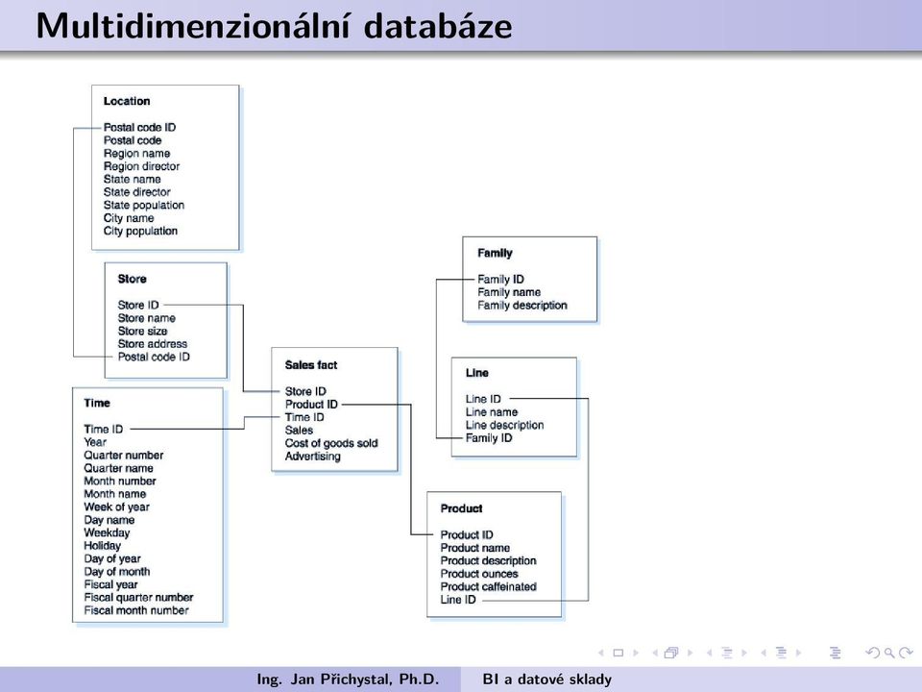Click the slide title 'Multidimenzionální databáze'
[x=274, y=27]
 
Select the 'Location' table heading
[x=127, y=101]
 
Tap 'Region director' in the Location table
[x=142, y=166]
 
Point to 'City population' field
[x=140, y=232]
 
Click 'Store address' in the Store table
[x=153, y=344]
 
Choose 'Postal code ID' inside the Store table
[x=154, y=358]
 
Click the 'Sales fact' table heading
[x=311, y=365]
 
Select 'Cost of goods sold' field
[x=331, y=444]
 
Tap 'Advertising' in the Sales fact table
[x=313, y=457]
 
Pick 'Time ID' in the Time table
[x=104, y=430]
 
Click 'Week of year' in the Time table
[x=116, y=507]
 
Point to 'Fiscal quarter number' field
[x=138, y=598]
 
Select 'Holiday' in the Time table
[x=103, y=546]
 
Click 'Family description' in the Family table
[x=522, y=306]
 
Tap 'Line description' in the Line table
[x=504, y=426]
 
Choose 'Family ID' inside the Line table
[x=489, y=438]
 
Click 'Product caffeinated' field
[x=488, y=587]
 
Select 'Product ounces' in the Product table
[x=479, y=575]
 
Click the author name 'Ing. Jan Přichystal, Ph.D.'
[x=348, y=680]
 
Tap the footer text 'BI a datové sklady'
[x=546, y=680]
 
